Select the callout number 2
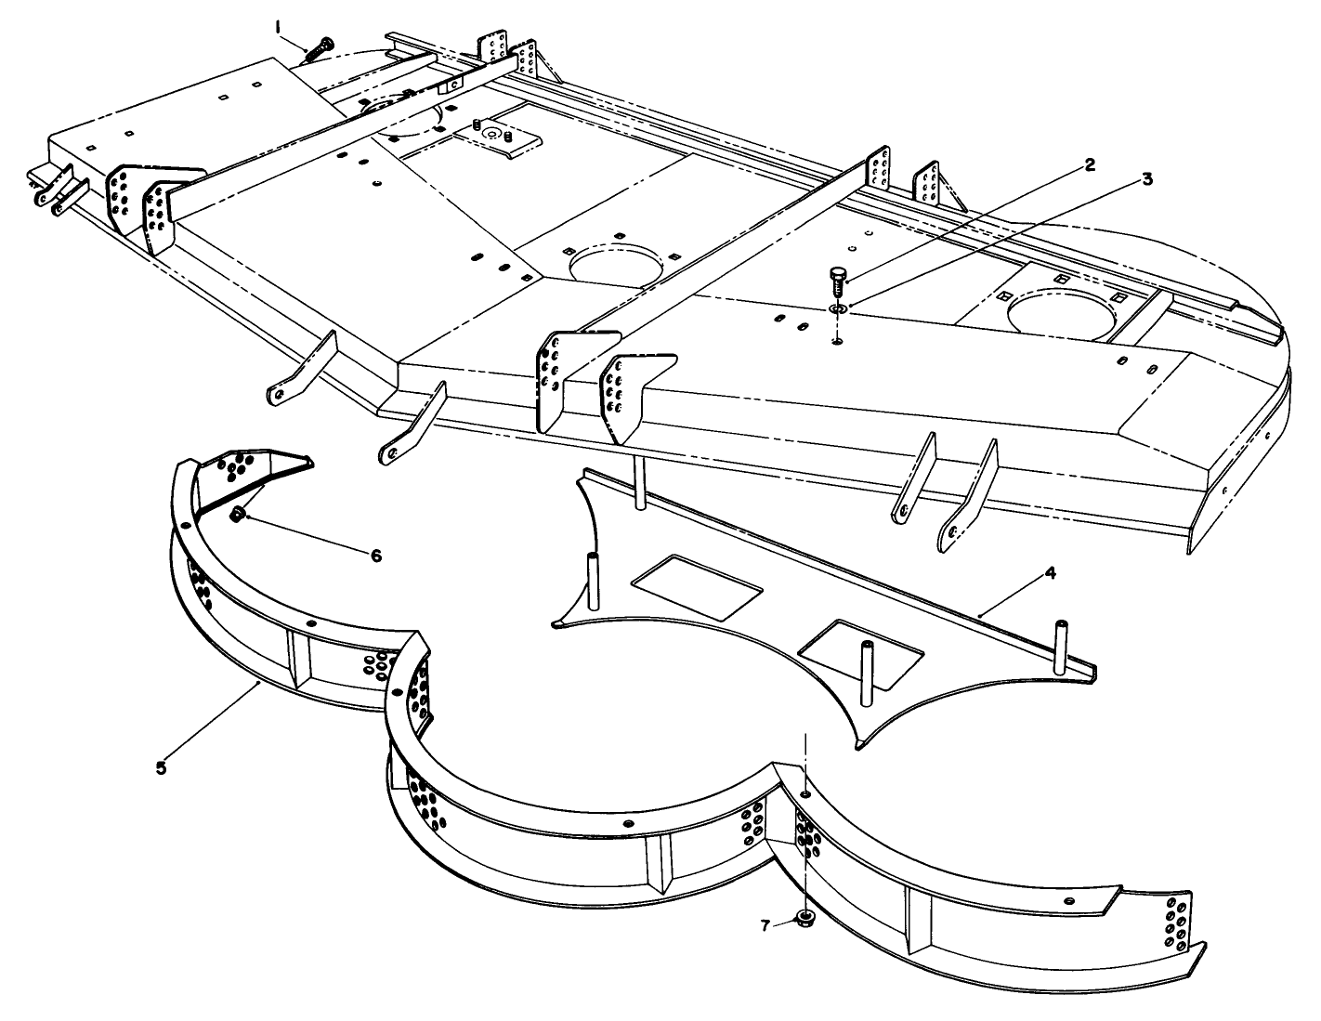(x=1090, y=165)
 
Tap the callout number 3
(x=1147, y=179)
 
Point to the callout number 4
(x=1050, y=573)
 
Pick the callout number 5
(x=161, y=767)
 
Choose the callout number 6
(x=375, y=556)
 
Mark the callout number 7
(x=765, y=924)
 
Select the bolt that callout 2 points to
(x=836, y=278)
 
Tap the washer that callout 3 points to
(x=837, y=307)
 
